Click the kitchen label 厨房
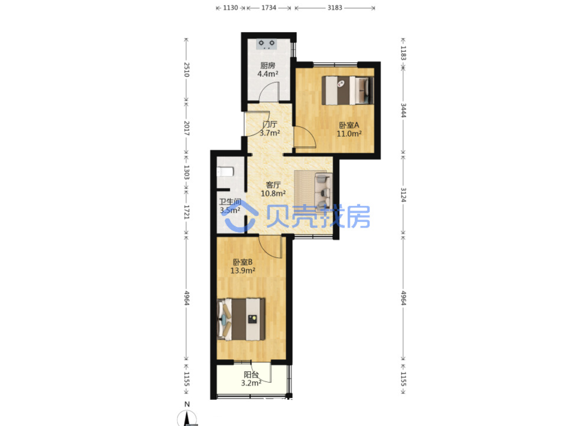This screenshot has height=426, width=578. tap(268, 66)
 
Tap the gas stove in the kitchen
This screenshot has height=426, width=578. tap(266, 44)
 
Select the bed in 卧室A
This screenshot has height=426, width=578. tap(348, 90)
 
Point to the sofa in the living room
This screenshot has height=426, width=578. tap(324, 192)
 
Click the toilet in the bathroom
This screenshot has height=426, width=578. tap(225, 172)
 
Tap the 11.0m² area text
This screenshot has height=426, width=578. tap(349, 134)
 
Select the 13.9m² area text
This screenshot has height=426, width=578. tap(243, 271)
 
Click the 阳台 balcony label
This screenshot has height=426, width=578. tap(251, 375)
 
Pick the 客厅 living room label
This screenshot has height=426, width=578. tap(273, 185)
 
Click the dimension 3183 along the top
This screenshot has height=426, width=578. tap(335, 8)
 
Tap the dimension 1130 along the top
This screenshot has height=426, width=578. tap(230, 8)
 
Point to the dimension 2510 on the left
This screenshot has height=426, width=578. tap(187, 70)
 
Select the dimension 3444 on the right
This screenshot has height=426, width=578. tap(403, 111)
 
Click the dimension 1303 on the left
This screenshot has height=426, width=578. tap(187, 172)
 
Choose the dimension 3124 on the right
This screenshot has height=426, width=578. tap(403, 195)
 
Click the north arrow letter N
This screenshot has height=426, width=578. tap(187, 404)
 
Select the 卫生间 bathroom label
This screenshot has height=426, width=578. tap(230, 202)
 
